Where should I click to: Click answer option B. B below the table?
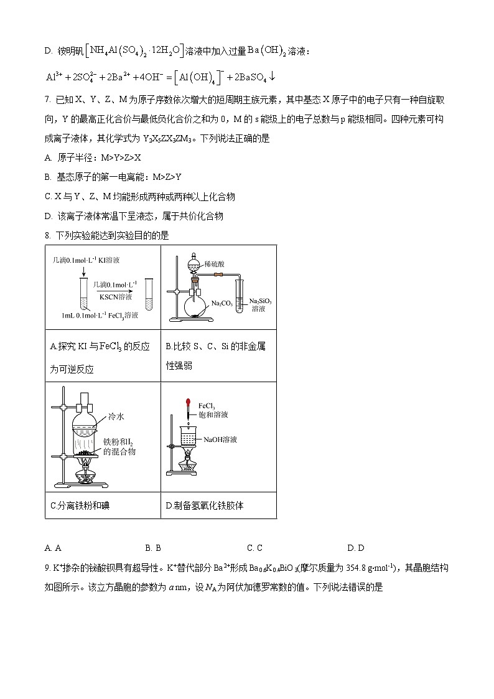(x=153, y=548)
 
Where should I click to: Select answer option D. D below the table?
(x=356, y=548)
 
